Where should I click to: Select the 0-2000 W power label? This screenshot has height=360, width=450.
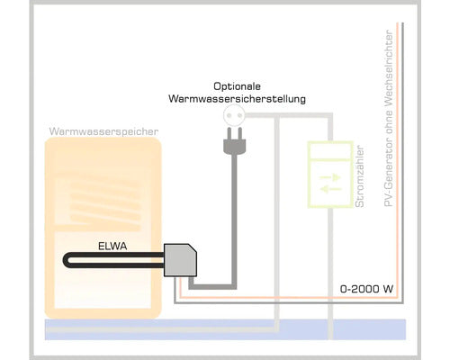click(x=365, y=289)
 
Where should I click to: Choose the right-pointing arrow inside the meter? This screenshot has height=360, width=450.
click(x=329, y=179)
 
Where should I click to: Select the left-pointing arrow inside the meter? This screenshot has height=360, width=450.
click(x=329, y=190)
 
